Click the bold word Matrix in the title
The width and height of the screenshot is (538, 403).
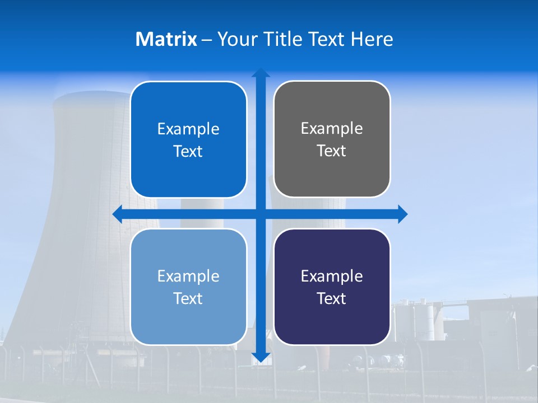click(x=166, y=39)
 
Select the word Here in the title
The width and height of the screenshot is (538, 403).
click(x=372, y=39)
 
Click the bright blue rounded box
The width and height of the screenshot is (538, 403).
click(x=188, y=139)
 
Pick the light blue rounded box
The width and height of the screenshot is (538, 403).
click(x=188, y=287)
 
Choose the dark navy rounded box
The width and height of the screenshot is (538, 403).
click(x=332, y=287)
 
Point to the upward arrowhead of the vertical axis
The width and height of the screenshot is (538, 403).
click(x=261, y=72)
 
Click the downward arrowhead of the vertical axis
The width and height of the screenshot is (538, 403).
click(x=261, y=357)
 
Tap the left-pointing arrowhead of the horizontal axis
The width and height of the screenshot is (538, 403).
click(x=118, y=214)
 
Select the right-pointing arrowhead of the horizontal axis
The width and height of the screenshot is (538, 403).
click(x=402, y=214)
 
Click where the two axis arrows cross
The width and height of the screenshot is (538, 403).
click(x=261, y=214)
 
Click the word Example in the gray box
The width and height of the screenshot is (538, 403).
click(x=332, y=128)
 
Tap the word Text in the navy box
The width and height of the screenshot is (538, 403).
click(x=332, y=298)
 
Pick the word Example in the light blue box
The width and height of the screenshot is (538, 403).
click(x=188, y=276)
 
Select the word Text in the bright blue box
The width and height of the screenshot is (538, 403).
click(x=188, y=151)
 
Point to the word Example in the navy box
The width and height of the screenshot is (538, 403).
click(x=332, y=276)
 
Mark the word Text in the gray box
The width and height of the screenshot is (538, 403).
click(x=332, y=151)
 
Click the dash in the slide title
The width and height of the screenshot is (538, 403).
click(x=207, y=40)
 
